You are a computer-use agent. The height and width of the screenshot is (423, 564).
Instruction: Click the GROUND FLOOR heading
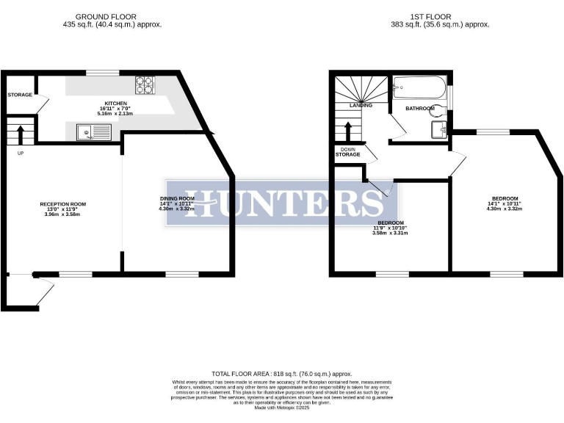pos(112,16)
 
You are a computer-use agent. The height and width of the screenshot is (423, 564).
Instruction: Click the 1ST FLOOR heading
pos(441,16)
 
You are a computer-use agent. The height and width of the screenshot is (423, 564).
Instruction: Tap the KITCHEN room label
pos(116,104)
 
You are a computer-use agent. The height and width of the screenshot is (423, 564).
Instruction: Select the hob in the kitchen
pos(145,84)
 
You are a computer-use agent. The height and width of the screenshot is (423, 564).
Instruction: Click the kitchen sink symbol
pos(94,132)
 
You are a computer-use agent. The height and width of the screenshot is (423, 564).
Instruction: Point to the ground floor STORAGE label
pos(20,95)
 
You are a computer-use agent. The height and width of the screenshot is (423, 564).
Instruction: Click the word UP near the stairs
pos(19,153)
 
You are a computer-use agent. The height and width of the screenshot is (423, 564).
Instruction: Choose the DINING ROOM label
pos(177,198)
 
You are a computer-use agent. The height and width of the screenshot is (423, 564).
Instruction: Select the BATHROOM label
pos(422,108)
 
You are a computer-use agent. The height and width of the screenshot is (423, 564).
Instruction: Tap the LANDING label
pos(361,105)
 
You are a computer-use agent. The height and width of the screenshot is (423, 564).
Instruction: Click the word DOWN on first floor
pos(348,149)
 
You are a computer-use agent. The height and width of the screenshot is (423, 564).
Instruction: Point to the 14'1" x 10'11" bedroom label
pos(505,198)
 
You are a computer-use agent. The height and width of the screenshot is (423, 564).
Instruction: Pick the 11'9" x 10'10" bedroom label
pos(391,223)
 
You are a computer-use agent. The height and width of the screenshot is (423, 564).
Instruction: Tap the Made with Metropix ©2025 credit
pos(282,408)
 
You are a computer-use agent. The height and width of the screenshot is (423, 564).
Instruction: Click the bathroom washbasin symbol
pos(439,130)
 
